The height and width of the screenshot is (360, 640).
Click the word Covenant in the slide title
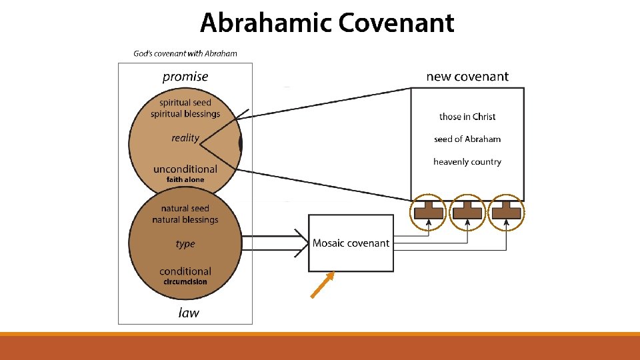point(395,23)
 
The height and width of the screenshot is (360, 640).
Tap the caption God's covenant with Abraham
point(185,53)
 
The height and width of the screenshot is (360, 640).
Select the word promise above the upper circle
point(185,77)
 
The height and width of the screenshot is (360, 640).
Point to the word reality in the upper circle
point(185,138)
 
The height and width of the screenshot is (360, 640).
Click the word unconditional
point(185,169)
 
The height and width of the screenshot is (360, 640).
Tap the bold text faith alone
point(185,180)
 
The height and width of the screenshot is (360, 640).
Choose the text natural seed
point(185,209)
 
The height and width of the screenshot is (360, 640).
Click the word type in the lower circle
point(185,244)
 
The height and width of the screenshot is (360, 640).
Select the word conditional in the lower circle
point(185,271)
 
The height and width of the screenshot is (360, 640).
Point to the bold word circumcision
point(185,282)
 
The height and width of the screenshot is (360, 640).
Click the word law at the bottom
point(189,312)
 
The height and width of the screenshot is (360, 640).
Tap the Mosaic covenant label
point(351,243)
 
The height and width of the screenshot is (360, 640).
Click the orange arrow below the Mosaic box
point(321,285)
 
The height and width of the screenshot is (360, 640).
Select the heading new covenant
point(467,77)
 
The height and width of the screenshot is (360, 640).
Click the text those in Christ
point(467,117)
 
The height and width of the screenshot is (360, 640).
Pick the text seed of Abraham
point(467,139)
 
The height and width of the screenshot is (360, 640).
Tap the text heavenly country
point(467,162)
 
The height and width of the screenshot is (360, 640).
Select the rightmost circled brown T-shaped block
point(506,212)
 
